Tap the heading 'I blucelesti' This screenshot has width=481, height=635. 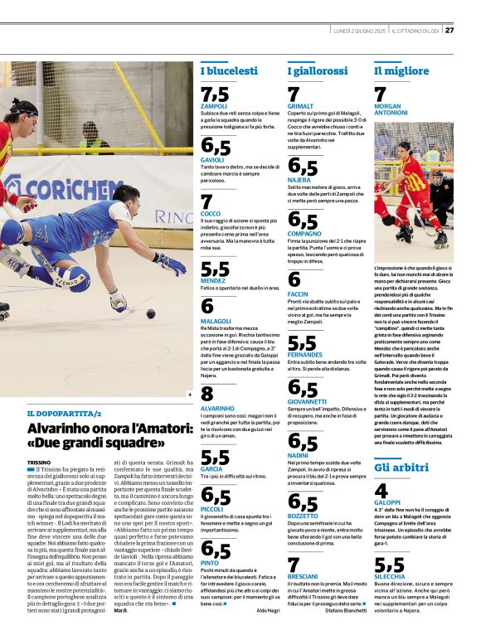[229, 71]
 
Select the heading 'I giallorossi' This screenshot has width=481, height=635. [318, 71]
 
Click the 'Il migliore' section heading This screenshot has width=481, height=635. [401, 71]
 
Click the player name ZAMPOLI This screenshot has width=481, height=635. [214, 107]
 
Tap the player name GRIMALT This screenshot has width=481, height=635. [300, 107]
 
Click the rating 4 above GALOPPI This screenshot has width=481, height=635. [381, 491]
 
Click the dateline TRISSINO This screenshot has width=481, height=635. [39, 462]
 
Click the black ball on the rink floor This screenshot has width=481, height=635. [150, 313]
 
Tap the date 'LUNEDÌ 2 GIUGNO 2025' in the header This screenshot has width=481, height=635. [356, 31]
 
